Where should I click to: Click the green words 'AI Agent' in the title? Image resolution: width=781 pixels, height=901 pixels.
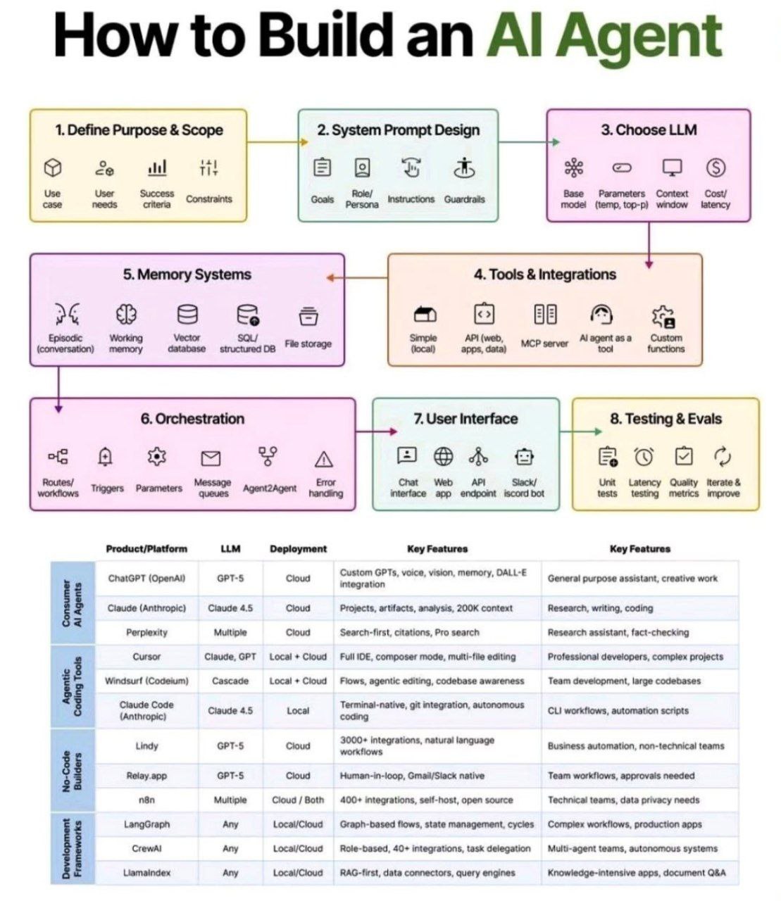click(x=604, y=37)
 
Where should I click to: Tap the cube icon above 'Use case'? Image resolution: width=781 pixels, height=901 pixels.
click(x=52, y=168)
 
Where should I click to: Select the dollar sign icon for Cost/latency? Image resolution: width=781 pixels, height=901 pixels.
click(x=716, y=168)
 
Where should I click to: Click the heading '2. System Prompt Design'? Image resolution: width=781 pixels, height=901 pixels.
click(x=398, y=130)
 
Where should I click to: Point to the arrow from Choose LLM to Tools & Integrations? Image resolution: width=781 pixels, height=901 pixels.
click(x=649, y=245)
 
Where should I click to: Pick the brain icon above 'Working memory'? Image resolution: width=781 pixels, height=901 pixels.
click(x=126, y=314)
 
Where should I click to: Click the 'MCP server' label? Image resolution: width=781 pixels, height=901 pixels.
click(x=544, y=344)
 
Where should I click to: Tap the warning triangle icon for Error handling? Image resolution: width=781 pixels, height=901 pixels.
click(x=324, y=459)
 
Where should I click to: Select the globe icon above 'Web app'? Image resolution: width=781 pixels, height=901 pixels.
click(x=443, y=456)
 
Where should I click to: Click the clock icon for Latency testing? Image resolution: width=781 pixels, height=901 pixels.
click(x=644, y=456)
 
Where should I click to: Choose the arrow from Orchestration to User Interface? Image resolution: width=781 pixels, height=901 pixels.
click(x=376, y=431)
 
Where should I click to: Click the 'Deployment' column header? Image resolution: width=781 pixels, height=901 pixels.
click(x=299, y=549)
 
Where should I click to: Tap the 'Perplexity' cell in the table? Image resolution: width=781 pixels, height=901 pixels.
click(x=146, y=632)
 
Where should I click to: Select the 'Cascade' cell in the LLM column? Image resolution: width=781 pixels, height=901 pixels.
click(x=230, y=681)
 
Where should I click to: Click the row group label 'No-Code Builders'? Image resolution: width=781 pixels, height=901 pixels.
click(x=72, y=771)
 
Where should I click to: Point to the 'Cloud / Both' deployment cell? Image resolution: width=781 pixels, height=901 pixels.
click(x=298, y=800)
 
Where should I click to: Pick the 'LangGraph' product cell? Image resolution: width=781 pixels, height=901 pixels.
click(x=146, y=824)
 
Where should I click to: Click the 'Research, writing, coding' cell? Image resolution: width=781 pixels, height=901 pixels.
click(x=600, y=608)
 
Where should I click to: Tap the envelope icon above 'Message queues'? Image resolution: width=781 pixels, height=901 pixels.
click(x=211, y=458)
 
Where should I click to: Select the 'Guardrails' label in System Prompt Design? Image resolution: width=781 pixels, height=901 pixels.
click(x=464, y=199)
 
